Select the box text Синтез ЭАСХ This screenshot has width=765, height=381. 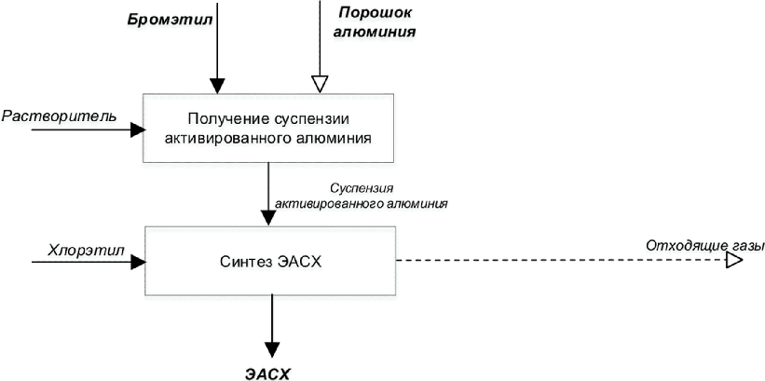[x=270, y=261]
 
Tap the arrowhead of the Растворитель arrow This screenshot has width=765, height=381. [x=136, y=129]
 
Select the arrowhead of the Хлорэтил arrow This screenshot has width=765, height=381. [x=138, y=262]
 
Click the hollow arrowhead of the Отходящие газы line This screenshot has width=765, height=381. [x=733, y=262]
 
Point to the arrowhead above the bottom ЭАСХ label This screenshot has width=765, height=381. [x=270, y=348]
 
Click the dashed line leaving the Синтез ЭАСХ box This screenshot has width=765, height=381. [x=559, y=262]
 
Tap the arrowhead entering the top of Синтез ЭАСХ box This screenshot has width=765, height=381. [x=269, y=218]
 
